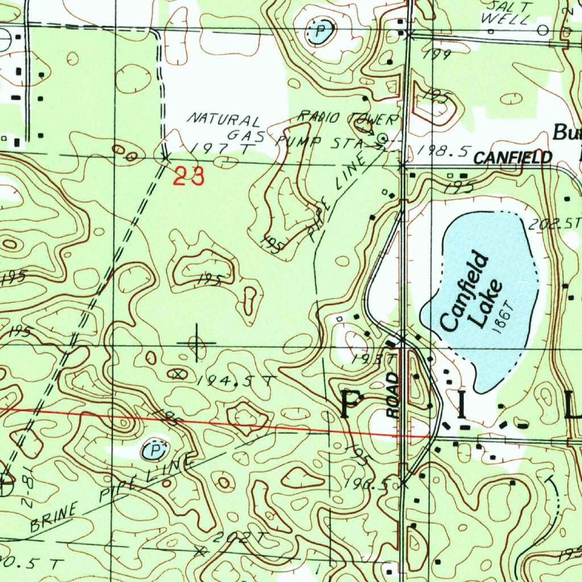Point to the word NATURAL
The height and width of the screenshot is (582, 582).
tap(225, 120)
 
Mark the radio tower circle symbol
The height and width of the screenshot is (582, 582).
tap(384, 138)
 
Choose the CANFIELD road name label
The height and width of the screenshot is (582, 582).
tap(513, 157)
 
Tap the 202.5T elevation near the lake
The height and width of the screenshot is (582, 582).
tap(553, 224)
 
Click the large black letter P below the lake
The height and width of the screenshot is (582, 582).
tap(352, 405)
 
